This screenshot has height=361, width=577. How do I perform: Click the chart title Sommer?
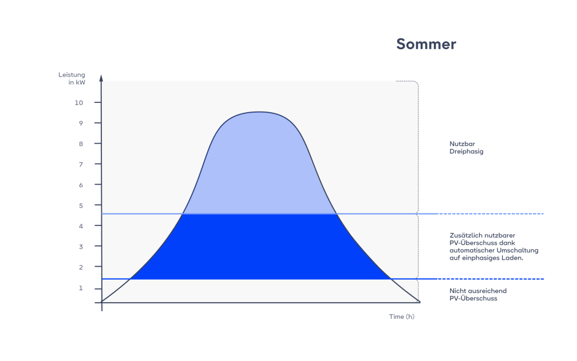pos(426,45)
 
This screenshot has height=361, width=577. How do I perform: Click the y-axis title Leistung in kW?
pos(72,78)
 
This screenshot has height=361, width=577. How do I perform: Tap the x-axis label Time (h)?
pos(401,316)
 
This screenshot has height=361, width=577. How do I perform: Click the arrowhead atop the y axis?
pos(101,77)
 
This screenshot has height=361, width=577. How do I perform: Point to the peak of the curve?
pos(259,112)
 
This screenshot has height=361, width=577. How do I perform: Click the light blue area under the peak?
pos(259,166)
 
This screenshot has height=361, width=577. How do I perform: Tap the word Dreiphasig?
pos(467,152)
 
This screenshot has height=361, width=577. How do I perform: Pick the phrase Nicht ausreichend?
pos(478,291)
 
